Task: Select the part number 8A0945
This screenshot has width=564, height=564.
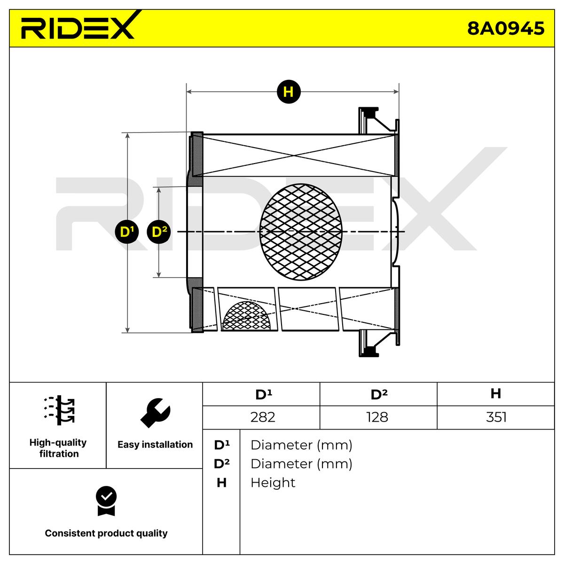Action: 505,29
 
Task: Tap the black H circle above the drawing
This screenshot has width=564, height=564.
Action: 289,92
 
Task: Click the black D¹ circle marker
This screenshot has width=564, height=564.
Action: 127,232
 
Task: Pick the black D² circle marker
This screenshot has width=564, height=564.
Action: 159,232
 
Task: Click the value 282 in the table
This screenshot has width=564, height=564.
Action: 263,417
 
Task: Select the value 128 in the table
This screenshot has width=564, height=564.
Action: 377,417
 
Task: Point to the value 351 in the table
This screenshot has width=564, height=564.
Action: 496,417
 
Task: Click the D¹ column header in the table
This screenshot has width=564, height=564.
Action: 263,394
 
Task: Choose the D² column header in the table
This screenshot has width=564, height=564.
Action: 379,394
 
